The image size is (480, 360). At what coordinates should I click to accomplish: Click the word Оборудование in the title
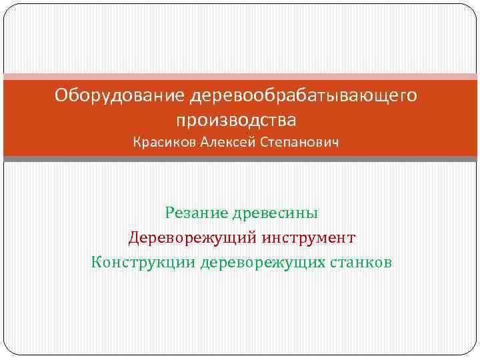[x=111, y=97]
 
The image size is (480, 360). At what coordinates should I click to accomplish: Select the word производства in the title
[x=235, y=121]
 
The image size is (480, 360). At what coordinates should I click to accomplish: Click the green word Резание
[x=197, y=213]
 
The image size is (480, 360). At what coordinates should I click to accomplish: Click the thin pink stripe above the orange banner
[x=240, y=76]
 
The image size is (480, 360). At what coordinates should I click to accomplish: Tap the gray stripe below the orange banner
[x=240, y=159]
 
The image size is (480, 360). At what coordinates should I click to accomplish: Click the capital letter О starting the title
[x=61, y=97]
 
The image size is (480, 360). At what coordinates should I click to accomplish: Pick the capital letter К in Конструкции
[x=97, y=261]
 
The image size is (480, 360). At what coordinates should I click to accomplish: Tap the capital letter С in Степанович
[x=264, y=143]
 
